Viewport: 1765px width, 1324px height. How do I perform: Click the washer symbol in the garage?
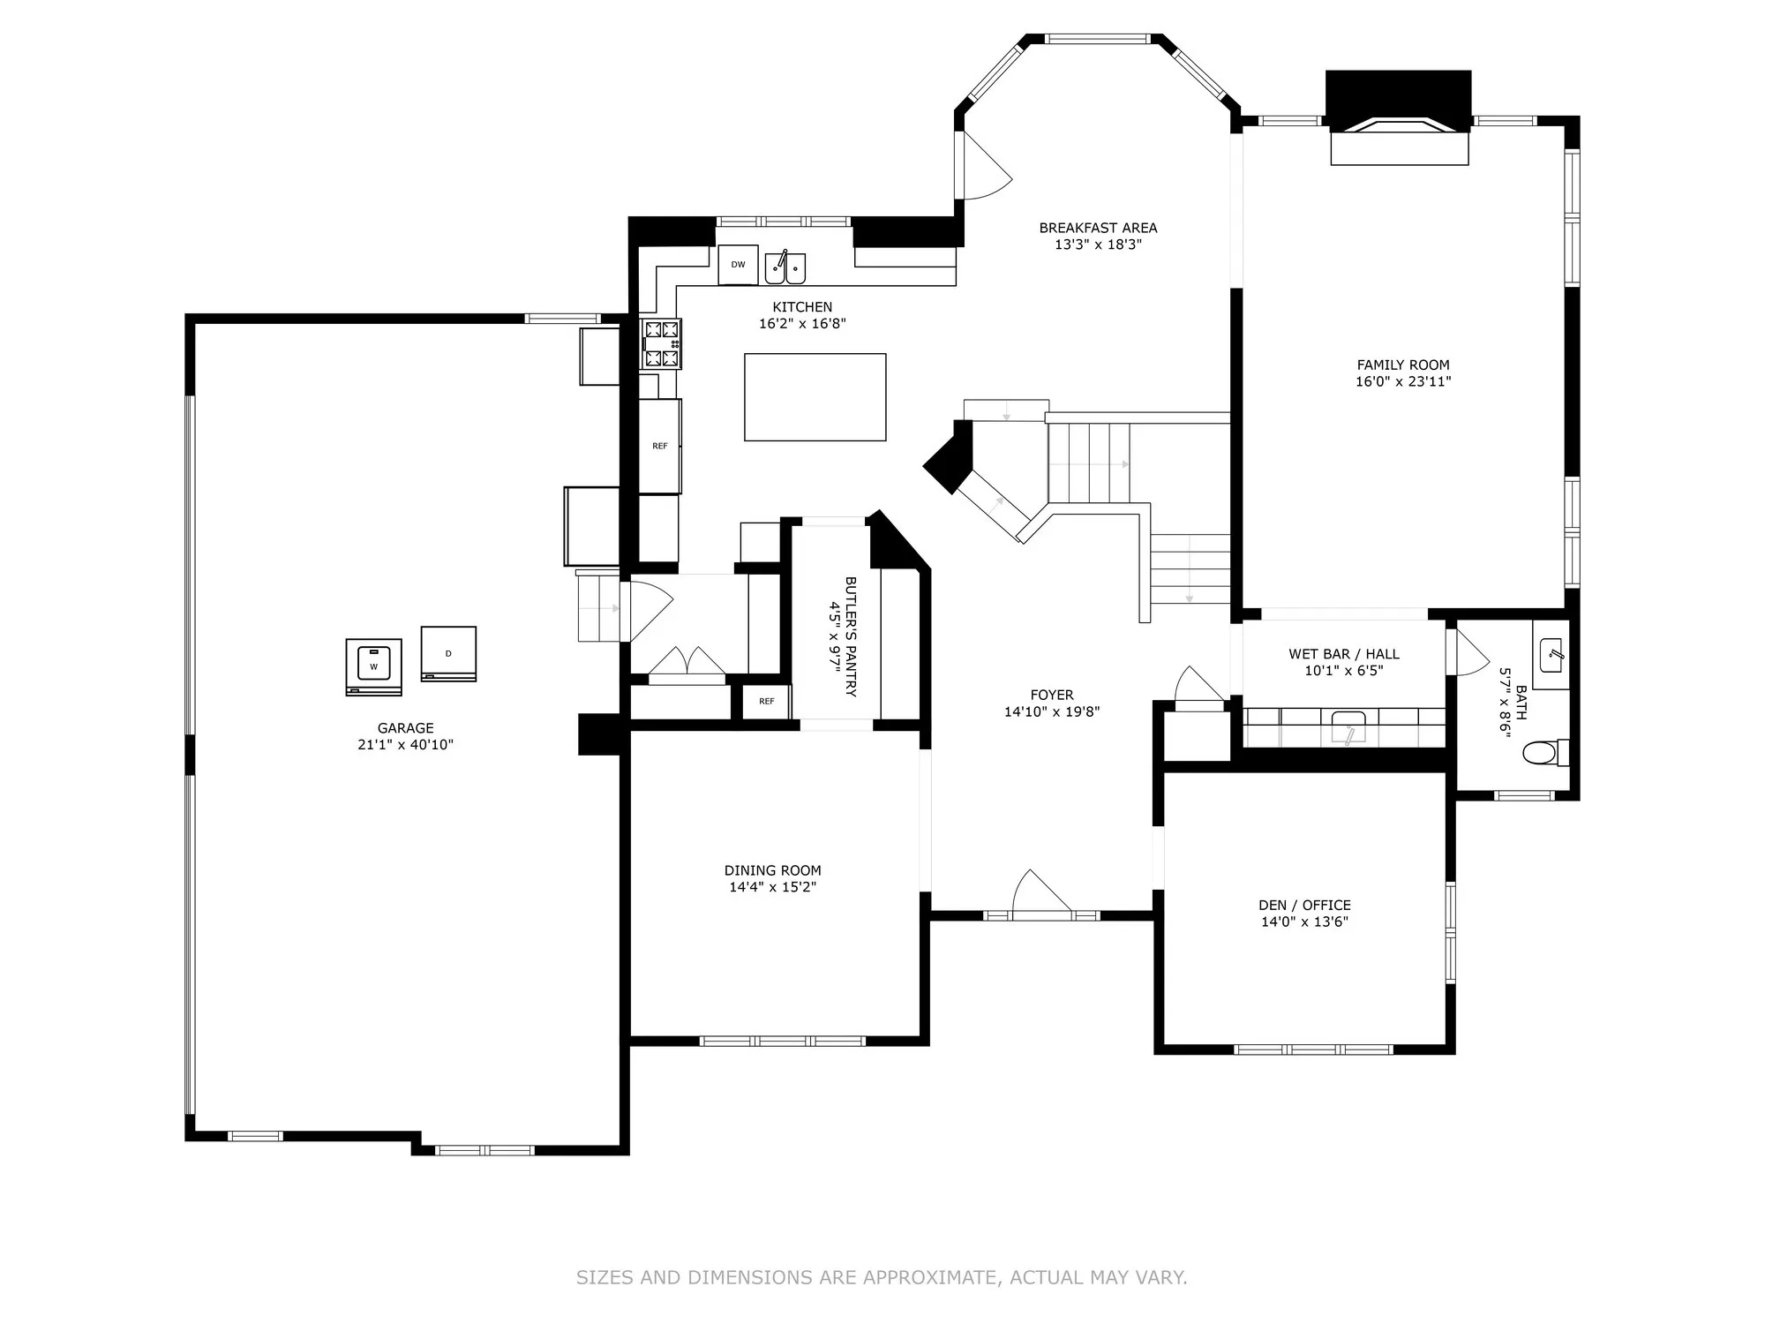point(373,666)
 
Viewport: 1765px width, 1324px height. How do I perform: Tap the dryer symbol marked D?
point(448,654)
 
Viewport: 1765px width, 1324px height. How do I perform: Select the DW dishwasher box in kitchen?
point(738,265)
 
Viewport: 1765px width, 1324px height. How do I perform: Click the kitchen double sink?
point(785,267)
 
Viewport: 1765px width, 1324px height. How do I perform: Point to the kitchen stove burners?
point(662,343)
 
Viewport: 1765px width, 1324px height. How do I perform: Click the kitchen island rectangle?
point(815,397)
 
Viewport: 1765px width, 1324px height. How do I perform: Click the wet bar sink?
point(1348,728)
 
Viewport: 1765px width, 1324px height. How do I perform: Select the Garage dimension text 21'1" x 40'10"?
point(406,745)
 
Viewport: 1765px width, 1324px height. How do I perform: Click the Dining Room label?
point(773,870)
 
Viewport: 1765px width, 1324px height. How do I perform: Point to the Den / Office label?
point(1304,905)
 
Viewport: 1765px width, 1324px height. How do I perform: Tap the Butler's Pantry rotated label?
point(843,636)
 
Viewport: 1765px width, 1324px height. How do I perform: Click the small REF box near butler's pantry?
point(766,702)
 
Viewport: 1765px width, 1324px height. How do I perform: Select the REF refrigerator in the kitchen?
point(660,446)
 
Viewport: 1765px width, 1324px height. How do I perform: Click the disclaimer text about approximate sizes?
point(882,1277)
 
